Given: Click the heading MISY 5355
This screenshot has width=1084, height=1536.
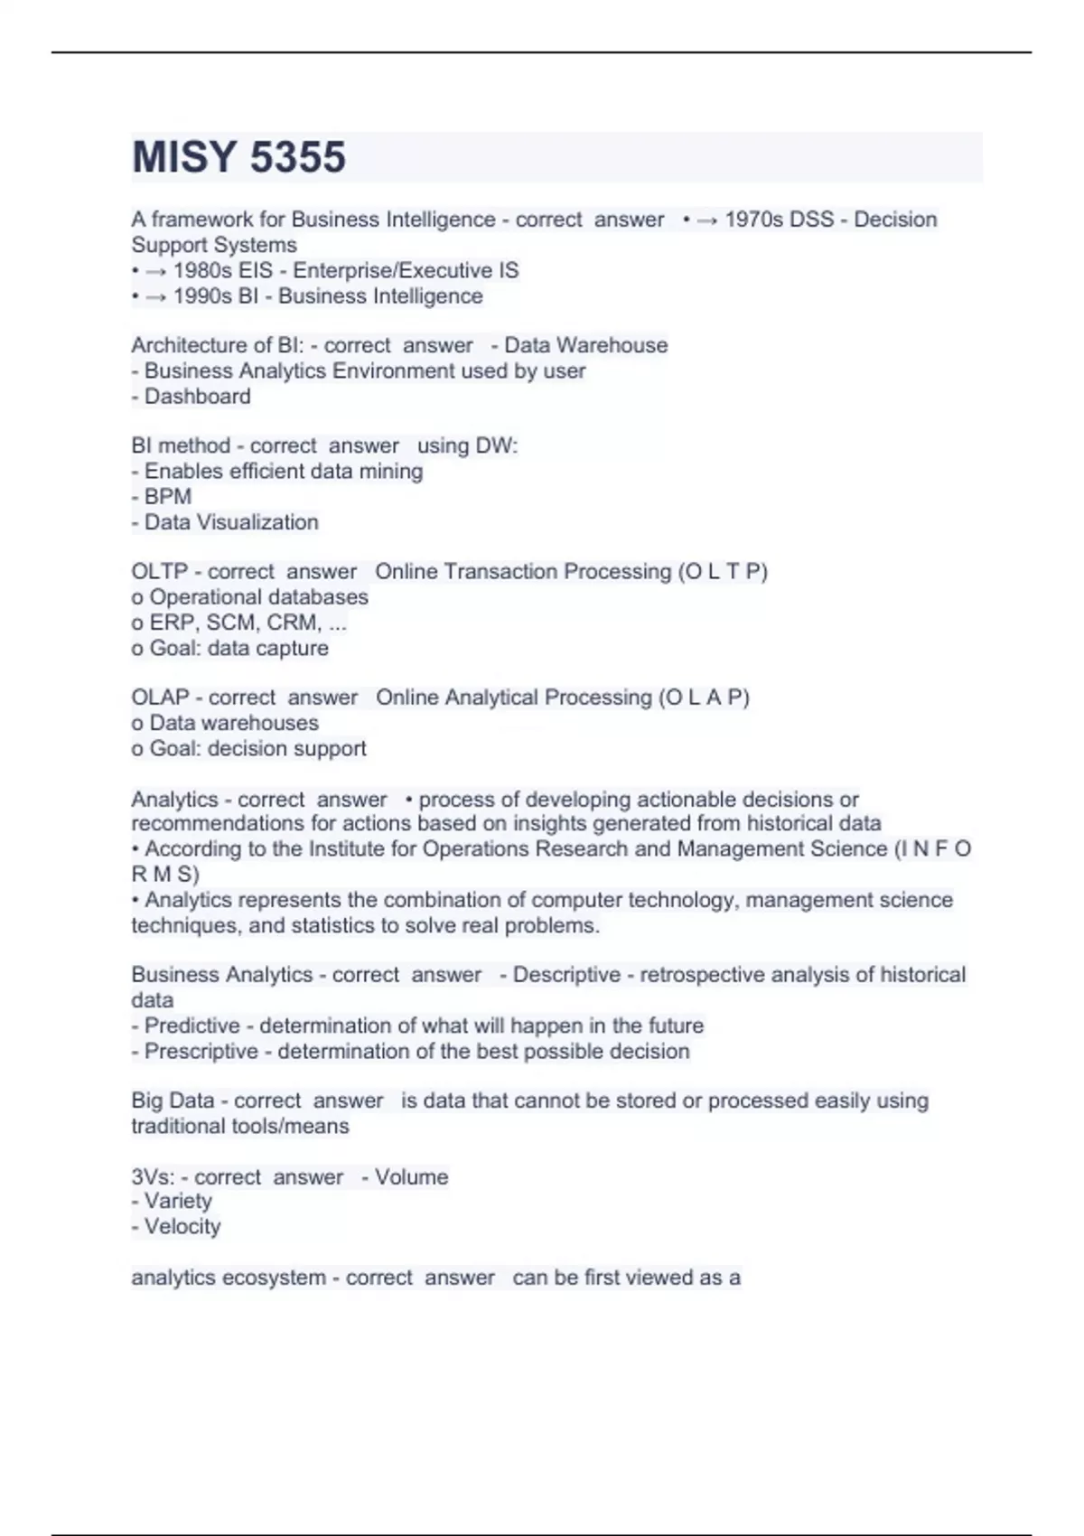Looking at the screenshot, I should [x=238, y=157].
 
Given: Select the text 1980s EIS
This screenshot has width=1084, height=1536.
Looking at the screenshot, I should [x=223, y=270].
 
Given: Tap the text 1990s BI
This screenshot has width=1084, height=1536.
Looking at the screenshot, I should [x=216, y=296].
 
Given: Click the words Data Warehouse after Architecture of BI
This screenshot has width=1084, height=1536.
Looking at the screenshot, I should [x=585, y=345].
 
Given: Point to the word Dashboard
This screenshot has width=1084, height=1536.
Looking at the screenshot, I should [x=198, y=397].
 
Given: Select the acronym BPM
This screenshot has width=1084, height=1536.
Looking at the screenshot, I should [x=168, y=497].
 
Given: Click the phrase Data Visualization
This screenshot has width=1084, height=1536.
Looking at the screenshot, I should [x=231, y=522].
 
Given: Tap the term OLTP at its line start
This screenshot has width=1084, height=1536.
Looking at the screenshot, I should [x=159, y=572].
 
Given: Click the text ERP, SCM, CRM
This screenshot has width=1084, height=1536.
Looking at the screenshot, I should [x=235, y=623].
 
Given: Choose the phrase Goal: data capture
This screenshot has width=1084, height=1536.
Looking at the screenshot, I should [x=238, y=648].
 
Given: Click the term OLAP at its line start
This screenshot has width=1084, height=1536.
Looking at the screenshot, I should [x=160, y=698].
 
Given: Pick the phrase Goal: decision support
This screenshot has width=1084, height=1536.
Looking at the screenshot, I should [x=257, y=749].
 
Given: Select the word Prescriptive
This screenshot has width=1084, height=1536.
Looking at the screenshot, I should [x=201, y=1052].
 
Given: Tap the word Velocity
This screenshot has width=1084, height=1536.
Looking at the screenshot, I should [x=182, y=1227].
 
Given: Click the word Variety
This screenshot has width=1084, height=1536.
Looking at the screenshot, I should [x=178, y=1202].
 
